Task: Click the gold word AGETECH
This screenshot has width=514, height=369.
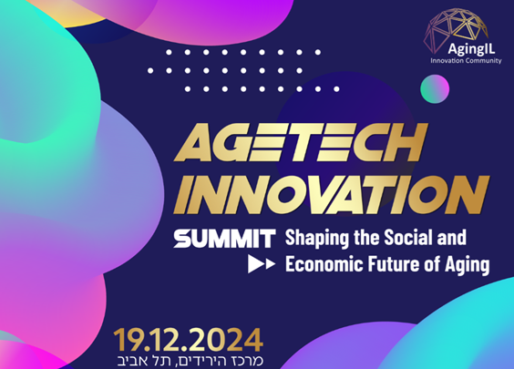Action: click(x=301, y=142)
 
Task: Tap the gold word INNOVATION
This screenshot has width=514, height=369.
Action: click(x=332, y=195)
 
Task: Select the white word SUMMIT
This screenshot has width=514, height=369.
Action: click(x=224, y=239)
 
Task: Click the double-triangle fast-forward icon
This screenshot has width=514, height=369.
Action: click(x=262, y=264)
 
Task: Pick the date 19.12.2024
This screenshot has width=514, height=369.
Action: click(x=188, y=340)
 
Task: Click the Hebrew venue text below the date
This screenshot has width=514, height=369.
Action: click(x=190, y=361)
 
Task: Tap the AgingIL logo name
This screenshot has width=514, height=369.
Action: click(x=471, y=49)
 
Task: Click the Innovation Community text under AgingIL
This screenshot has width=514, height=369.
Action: click(x=466, y=61)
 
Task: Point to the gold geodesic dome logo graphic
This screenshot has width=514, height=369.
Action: click(x=456, y=28)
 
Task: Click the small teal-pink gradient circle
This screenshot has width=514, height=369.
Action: click(x=435, y=88)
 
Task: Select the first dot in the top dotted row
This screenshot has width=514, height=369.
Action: click(x=169, y=52)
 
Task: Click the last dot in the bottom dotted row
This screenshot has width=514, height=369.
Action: click(x=336, y=88)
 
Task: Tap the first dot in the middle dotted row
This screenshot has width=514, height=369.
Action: click(x=150, y=70)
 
